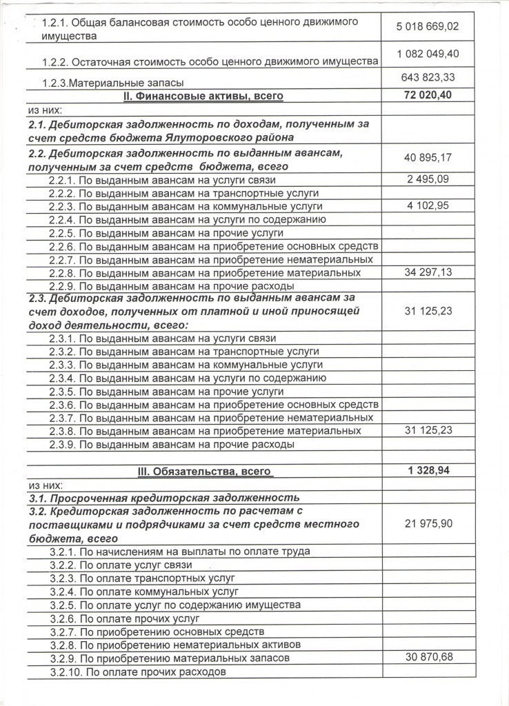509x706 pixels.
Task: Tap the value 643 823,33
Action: pyautogui.click(x=428, y=77)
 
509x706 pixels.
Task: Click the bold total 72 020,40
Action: pyautogui.click(x=428, y=95)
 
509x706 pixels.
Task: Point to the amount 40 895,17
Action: pyautogui.click(x=428, y=159)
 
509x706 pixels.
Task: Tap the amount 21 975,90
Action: pyautogui.click(x=428, y=525)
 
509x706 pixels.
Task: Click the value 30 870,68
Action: pyautogui.click(x=428, y=658)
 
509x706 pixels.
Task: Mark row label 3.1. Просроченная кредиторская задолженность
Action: pyautogui.click(x=163, y=497)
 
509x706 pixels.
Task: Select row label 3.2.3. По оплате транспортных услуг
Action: pyautogui.click(x=143, y=578)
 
